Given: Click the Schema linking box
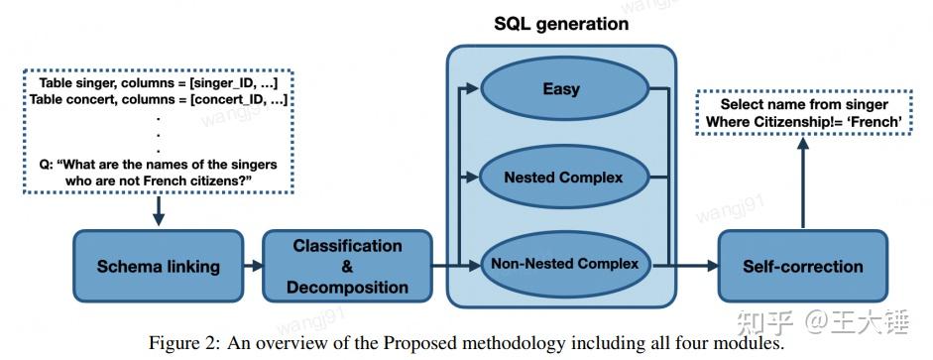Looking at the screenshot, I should pos(158,266).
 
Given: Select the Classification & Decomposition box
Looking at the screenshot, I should pos(347,266).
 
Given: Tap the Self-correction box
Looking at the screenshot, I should pos(802,266).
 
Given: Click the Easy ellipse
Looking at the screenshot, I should pos(560,89).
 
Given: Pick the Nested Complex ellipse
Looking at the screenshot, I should pos(563,178).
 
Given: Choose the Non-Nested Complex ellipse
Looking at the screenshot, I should pos(564,265).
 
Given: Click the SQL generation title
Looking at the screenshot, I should pos(561,24).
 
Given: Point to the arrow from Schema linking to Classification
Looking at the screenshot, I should pos(253,266).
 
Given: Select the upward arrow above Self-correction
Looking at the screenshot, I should pos(802,179).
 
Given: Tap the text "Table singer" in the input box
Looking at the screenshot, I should pos(74,82).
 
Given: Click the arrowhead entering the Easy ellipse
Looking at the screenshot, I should pos(475,89).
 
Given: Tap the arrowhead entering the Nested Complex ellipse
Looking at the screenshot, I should pos(475,178).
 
